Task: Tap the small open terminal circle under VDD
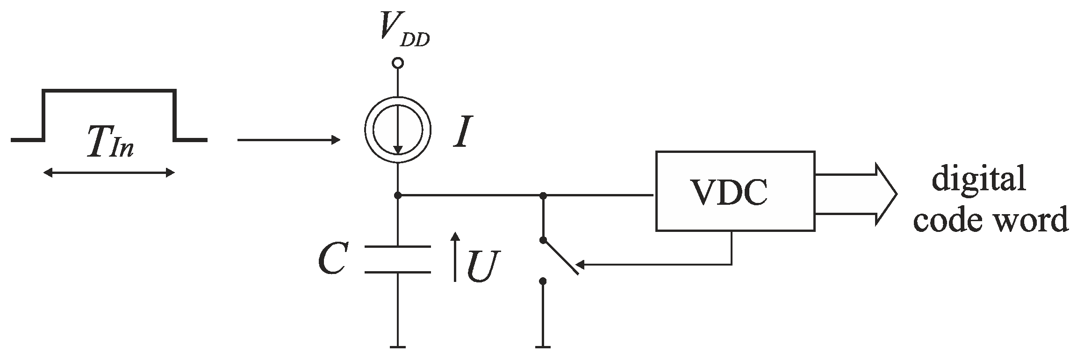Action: (x=398, y=63)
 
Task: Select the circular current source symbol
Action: (x=398, y=130)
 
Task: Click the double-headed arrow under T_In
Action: (x=109, y=173)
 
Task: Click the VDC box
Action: (x=735, y=190)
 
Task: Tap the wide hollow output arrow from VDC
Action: (x=855, y=194)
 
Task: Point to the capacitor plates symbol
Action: (x=398, y=259)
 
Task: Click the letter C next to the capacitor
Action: (x=332, y=259)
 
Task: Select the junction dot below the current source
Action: (x=398, y=195)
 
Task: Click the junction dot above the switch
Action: (x=543, y=195)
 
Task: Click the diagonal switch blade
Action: (x=561, y=257)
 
